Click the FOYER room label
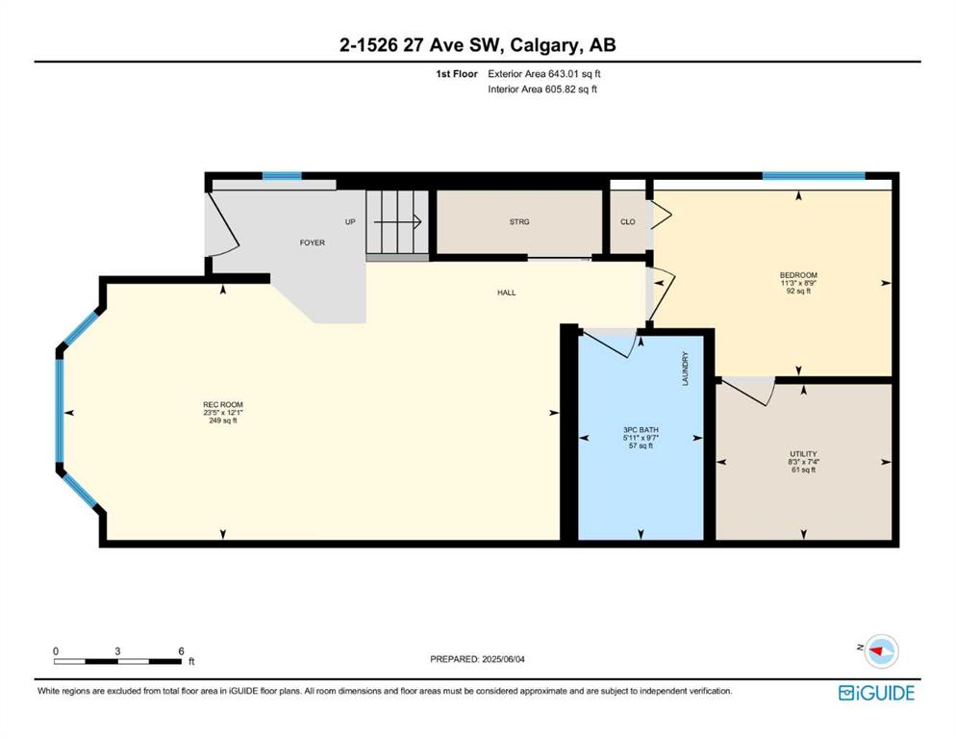point(312,242)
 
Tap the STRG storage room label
point(519,221)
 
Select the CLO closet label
point(628,221)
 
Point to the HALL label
point(506,293)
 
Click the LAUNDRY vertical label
point(685,369)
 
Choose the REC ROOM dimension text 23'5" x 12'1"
point(223,413)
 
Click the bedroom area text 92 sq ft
point(798,292)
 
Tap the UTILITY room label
point(803,454)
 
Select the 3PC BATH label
point(641,429)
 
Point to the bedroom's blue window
point(814,176)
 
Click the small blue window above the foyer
point(282,176)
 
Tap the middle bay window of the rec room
point(60,411)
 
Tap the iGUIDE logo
point(876,693)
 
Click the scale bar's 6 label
point(181,651)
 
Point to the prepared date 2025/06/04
point(503,659)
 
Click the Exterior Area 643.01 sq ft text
point(544,74)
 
